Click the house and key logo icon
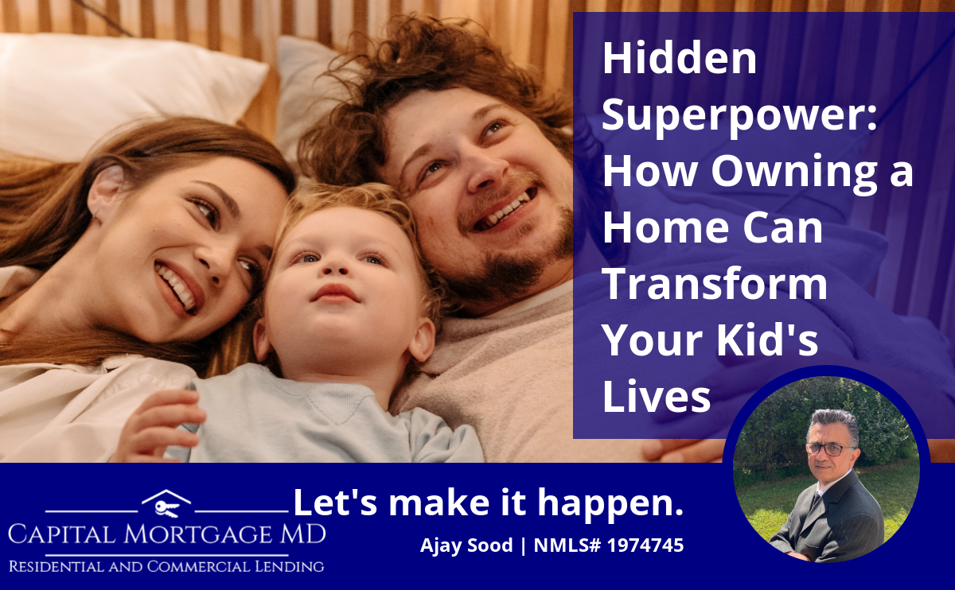click(x=166, y=503)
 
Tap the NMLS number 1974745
click(x=645, y=545)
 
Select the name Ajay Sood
click(x=466, y=545)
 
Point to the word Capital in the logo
click(x=62, y=534)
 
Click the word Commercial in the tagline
click(x=198, y=567)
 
